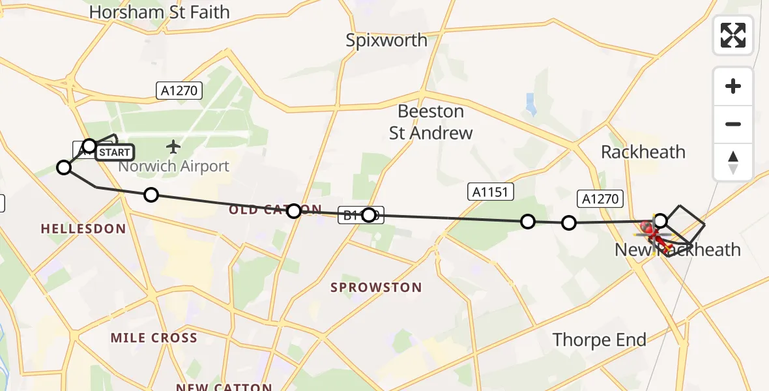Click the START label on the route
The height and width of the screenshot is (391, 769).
point(115,152)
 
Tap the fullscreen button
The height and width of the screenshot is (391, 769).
point(733,35)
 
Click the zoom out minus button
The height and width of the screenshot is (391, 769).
point(733,124)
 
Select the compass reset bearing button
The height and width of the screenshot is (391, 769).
point(733,162)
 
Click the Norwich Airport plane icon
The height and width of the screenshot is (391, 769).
point(173,145)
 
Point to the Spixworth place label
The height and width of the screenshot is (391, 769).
point(386,40)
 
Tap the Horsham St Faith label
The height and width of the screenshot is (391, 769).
point(160,12)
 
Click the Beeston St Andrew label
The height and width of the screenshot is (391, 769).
point(431,122)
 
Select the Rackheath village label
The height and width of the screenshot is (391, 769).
point(643,152)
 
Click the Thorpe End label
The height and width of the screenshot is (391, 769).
point(600,340)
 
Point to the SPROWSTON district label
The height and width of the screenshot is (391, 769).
point(376,287)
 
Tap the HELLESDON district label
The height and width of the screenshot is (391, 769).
point(83,229)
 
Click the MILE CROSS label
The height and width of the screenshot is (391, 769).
point(154,338)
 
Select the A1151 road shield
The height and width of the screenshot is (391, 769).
point(491,191)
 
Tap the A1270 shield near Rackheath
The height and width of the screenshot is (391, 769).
point(600,199)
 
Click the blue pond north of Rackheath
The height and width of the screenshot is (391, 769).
point(530,104)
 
